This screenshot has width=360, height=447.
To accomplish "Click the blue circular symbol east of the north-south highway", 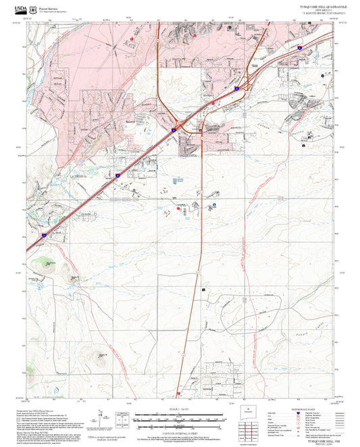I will point(214,204).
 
